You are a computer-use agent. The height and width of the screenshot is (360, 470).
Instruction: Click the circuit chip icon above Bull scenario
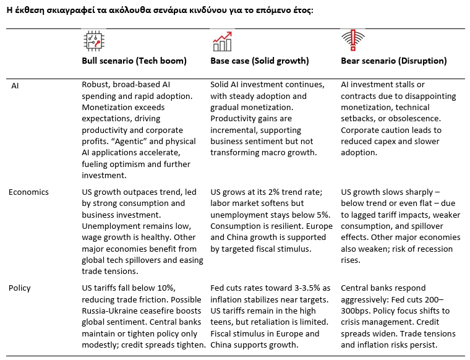(93, 41)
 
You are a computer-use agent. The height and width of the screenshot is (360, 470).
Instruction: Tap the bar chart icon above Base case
(222, 41)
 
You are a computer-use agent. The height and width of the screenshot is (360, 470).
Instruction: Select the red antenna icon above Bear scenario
(350, 41)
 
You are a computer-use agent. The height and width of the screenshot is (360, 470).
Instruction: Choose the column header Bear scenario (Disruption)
(394, 61)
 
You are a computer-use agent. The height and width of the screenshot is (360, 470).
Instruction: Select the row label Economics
(28, 192)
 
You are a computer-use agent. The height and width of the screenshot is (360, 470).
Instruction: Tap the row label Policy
(20, 288)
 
